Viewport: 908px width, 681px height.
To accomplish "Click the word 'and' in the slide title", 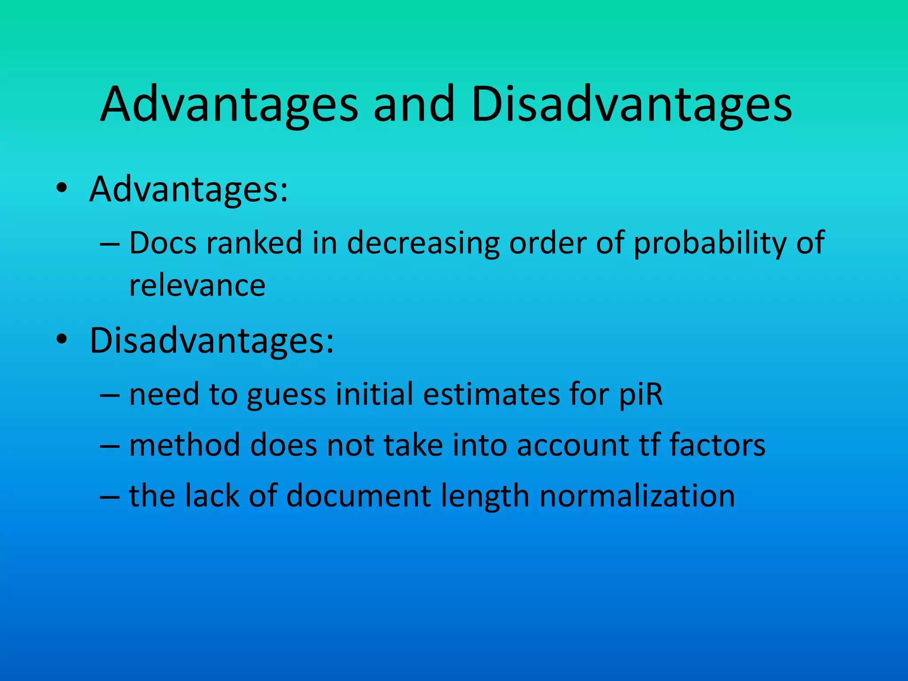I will pyautogui.click(x=414, y=105).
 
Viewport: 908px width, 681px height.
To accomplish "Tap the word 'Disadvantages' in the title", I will pyautogui.click(x=631, y=105).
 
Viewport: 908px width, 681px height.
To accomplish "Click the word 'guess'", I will pyautogui.click(x=286, y=395).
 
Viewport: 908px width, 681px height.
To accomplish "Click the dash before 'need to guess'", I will pyautogui.click(x=110, y=394).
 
